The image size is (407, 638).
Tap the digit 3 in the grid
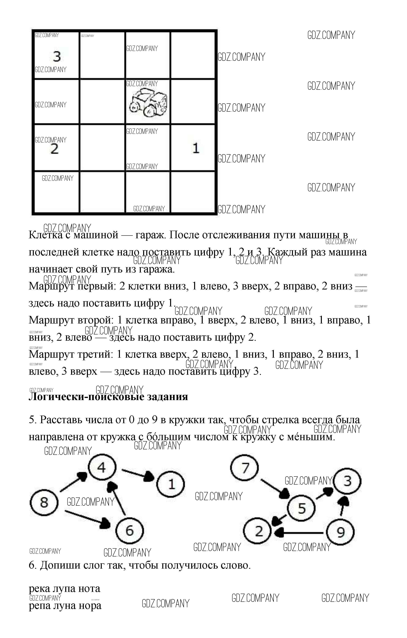point(57,56)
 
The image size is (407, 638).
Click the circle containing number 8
point(44,502)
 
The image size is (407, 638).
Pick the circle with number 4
point(102,468)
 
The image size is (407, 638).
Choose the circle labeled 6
point(129,530)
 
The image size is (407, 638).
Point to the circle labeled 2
point(258,531)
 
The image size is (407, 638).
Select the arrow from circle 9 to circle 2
point(299,532)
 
